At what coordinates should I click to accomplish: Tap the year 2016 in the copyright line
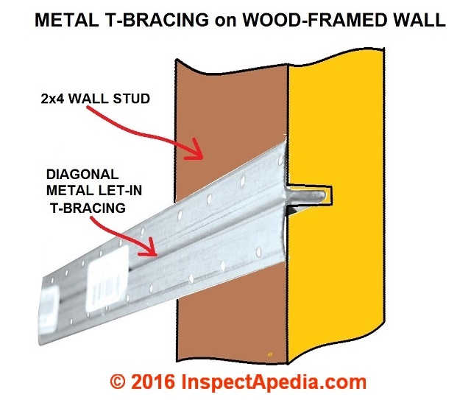point(152,382)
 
